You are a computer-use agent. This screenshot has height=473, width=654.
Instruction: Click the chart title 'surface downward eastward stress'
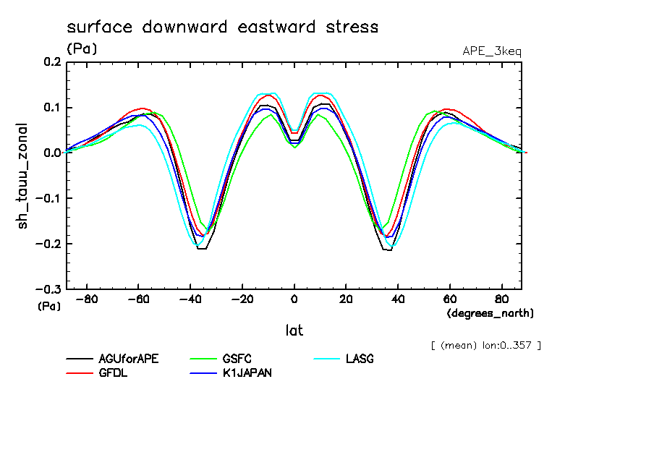point(222,27)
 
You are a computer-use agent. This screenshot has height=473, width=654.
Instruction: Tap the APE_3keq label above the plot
point(491,51)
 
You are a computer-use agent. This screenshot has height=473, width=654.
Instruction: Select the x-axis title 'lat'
point(294,331)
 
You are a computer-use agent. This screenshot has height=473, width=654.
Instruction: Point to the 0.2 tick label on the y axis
point(51,62)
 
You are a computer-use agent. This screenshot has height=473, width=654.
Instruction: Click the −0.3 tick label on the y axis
point(48,289)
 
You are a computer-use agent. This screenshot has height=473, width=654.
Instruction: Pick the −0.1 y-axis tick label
point(48,198)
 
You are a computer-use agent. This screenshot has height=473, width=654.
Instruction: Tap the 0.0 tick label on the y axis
point(51,153)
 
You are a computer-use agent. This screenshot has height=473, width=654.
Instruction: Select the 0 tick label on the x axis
point(294,299)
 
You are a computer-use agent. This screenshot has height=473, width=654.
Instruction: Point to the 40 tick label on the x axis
point(398,299)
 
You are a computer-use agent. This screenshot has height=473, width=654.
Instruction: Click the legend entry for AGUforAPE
point(128,359)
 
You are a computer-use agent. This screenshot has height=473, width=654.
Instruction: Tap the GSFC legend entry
point(238,359)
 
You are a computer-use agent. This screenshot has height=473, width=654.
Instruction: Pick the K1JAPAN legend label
point(247,373)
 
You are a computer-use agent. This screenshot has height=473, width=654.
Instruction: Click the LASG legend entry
point(360,359)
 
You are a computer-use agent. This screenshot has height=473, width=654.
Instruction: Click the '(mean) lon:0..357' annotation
point(485,345)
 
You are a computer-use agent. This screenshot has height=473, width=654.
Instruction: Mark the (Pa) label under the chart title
point(81,49)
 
